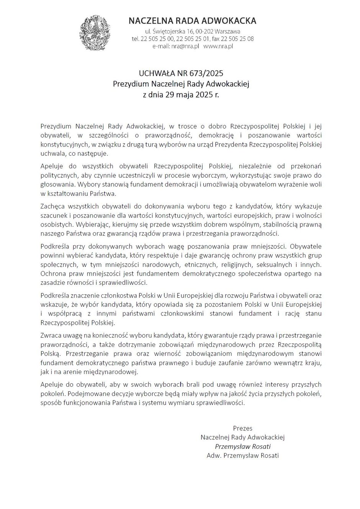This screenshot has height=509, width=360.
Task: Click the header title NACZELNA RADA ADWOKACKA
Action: (192, 21)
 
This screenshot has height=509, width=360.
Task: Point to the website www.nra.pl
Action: (218, 46)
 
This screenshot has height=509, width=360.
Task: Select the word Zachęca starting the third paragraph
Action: (52, 205)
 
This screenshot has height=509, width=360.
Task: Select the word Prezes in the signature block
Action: (242, 428)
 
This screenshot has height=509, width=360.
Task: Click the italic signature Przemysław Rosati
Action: (242, 447)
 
